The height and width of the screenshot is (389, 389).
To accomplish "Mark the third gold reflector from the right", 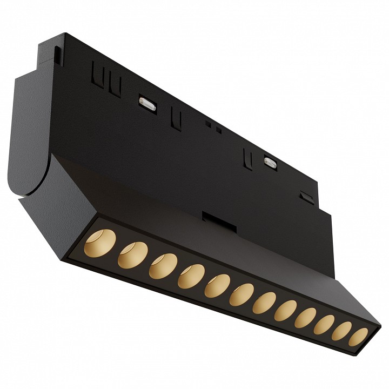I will (x=323, y=323).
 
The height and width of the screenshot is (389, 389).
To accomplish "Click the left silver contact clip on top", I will (x=147, y=102).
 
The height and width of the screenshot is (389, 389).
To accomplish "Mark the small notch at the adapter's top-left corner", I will (x=57, y=52).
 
